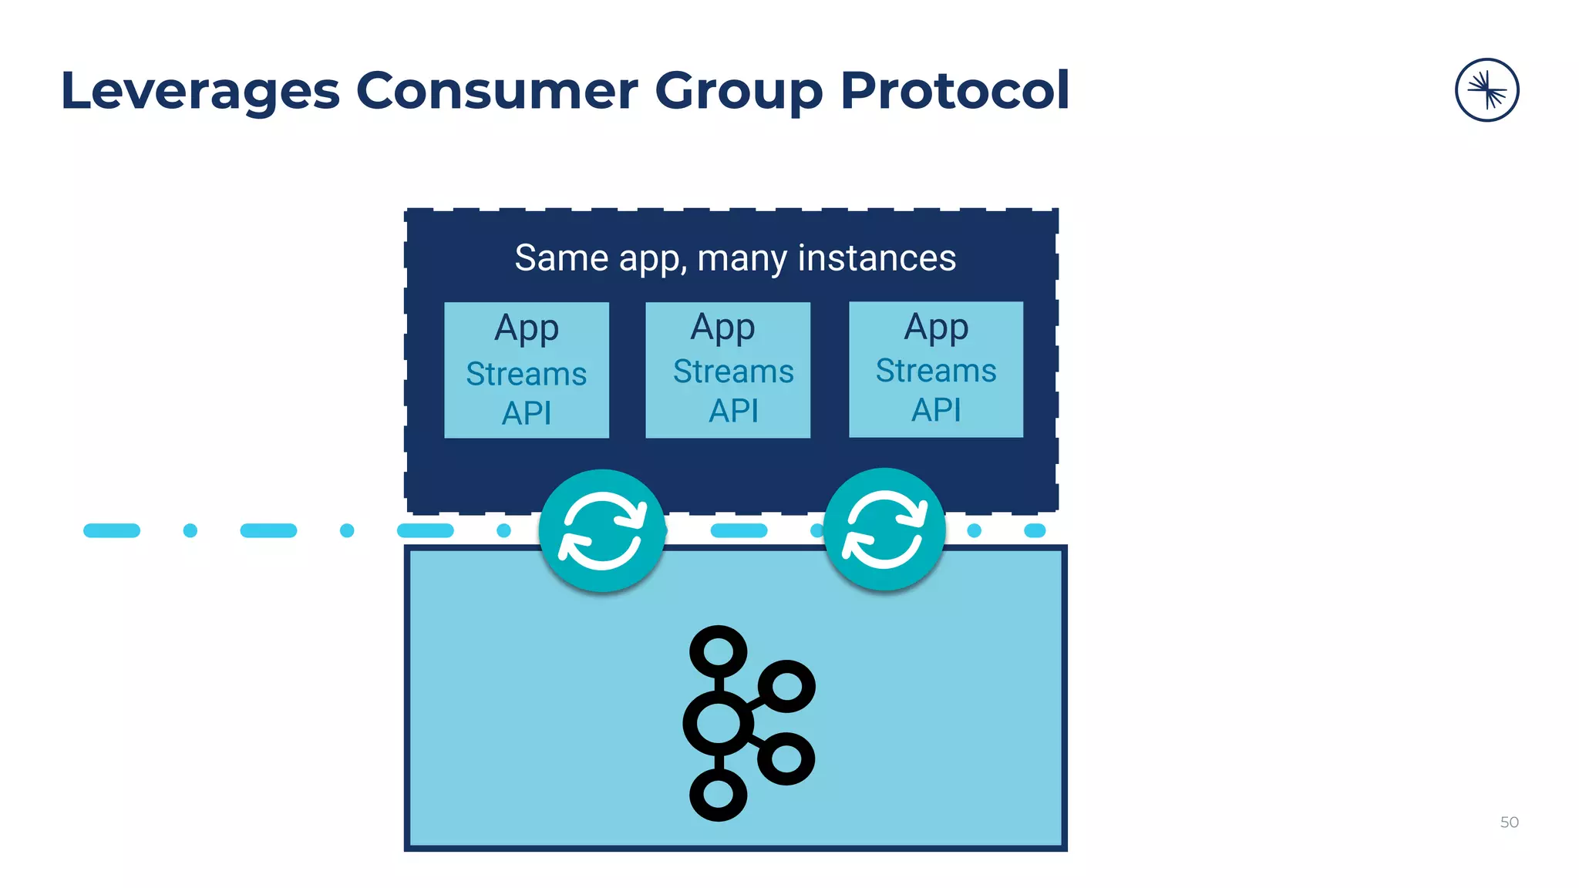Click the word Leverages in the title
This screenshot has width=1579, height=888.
pos(200,92)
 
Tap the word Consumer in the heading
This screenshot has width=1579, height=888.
pos(497,90)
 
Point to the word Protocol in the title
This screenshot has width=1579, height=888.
pos(954,90)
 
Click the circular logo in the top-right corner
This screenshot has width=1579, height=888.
pos(1486,90)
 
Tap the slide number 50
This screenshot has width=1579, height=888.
pos(1509,822)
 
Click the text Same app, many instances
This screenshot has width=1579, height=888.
pos(735,258)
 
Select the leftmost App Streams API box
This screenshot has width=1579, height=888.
pos(527,370)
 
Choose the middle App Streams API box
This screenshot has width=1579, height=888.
pos(728,370)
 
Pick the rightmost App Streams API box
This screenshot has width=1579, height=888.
pos(936,369)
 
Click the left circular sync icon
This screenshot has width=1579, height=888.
pos(602,530)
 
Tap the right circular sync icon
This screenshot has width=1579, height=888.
pos(884,530)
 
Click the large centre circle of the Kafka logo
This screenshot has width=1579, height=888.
pos(718,723)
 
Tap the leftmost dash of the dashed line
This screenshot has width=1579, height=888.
pos(112,530)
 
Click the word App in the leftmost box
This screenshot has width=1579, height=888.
pos(527,329)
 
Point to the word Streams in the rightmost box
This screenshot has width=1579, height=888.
pos(936,371)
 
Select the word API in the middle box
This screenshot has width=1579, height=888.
pos(733,411)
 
